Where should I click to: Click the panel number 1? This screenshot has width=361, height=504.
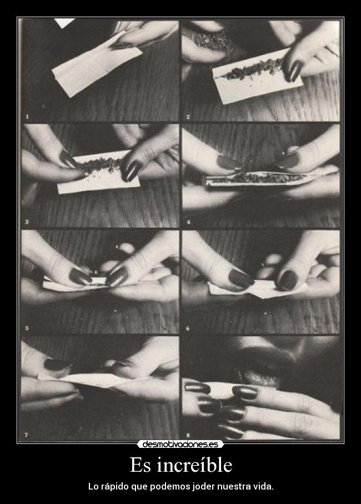click(x=27, y=117)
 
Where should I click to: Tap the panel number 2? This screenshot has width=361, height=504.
click(x=188, y=117)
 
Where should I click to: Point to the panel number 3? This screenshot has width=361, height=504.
click(x=27, y=222)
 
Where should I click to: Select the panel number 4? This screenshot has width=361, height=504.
click(x=188, y=222)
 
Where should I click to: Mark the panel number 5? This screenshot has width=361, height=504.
click(x=27, y=328)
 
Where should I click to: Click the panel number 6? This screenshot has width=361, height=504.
click(x=188, y=328)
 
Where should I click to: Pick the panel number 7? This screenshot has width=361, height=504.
click(x=27, y=435)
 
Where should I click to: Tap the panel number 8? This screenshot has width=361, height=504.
click(x=188, y=436)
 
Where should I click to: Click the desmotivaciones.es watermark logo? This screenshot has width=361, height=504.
click(x=180, y=444)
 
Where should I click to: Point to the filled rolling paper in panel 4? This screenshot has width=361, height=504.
click(x=257, y=179)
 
